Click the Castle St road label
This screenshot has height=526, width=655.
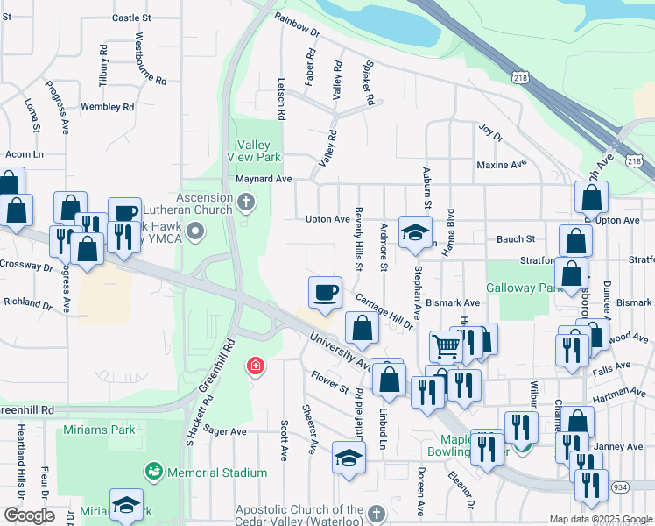pos(131,18)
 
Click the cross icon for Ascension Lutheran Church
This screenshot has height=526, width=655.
pos(247,204)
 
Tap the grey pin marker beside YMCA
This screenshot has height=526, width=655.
pos(194,231)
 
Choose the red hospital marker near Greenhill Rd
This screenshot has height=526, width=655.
pos(255,365)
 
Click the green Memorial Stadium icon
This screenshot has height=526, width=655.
pos(154,472)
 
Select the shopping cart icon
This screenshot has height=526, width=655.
pos(446,347)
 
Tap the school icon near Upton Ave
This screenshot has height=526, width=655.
pos(415,232)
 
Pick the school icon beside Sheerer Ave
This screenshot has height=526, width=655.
pos(348,458)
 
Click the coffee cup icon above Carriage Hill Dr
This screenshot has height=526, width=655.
pos(326,292)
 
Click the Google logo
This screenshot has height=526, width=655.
pos(29,515)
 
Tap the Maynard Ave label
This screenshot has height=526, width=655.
pos(264,180)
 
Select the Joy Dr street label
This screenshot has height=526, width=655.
pos(491,132)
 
